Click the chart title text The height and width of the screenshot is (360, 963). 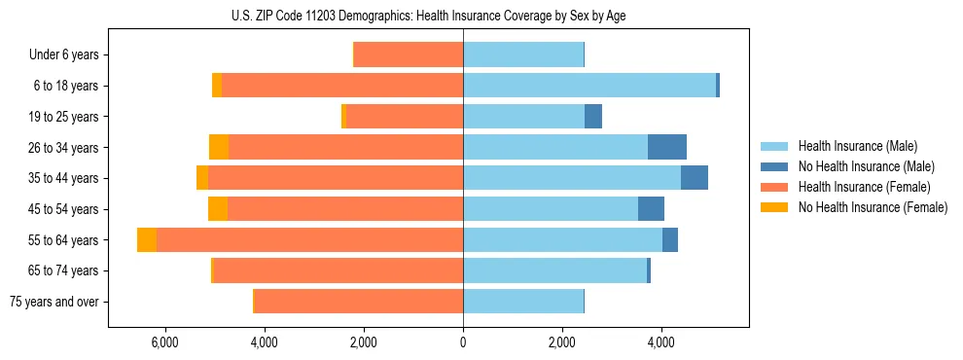click(x=429, y=17)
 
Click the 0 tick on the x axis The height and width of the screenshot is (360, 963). click(x=463, y=342)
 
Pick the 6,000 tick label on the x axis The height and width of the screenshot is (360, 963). click(x=164, y=342)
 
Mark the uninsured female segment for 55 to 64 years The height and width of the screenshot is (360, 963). click(x=147, y=240)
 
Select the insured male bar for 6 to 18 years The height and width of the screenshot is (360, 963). click(x=589, y=86)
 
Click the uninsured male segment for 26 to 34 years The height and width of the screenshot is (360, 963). click(x=667, y=147)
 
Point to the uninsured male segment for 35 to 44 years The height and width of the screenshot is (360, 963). click(x=695, y=178)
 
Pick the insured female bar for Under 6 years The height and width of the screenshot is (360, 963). click(x=409, y=55)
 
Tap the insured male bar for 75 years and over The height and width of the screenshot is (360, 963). click(x=523, y=302)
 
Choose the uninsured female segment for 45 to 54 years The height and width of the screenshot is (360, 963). click(x=218, y=209)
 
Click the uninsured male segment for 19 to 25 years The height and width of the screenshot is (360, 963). click(x=593, y=117)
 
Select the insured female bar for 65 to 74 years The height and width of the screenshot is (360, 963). click(x=338, y=270)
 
